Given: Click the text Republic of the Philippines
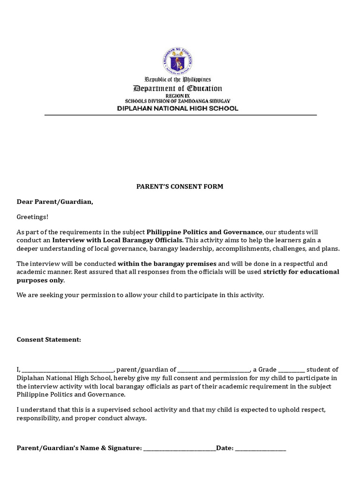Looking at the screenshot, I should pos(178,80).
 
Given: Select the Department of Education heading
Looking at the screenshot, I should pos(178,89).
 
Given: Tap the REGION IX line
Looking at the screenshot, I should pos(178,96).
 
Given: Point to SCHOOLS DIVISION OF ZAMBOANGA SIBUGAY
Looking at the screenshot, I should pos(178,101).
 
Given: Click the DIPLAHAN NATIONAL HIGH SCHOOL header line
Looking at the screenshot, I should pos(178,108).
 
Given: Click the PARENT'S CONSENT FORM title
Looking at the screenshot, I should pos(180,187).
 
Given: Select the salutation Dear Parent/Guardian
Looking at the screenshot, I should pos(55,202).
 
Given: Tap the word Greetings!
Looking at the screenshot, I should pos(32,217).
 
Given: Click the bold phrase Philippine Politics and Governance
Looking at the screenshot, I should pos(204,232).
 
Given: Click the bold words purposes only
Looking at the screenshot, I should pos(40,280).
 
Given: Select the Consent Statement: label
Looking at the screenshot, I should pos(49,339).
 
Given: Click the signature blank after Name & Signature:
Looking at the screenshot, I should pos(180,449).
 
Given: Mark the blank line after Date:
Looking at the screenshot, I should pos(260,449).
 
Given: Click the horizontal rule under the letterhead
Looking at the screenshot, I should pos(180,115).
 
